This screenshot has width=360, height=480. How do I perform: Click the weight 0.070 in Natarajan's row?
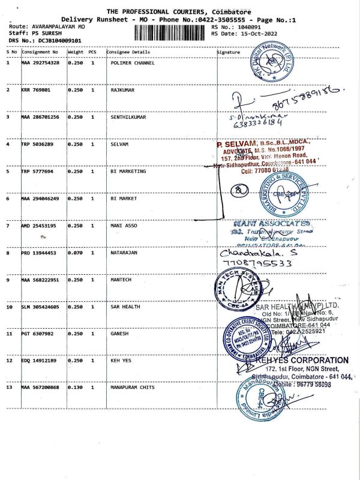click(75, 253)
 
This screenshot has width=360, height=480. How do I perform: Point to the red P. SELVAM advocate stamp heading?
click(239, 145)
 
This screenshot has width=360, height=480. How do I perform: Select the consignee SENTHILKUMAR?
click(130, 117)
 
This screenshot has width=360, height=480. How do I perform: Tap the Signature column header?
click(228, 52)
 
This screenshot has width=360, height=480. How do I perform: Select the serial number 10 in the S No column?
click(10, 307)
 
